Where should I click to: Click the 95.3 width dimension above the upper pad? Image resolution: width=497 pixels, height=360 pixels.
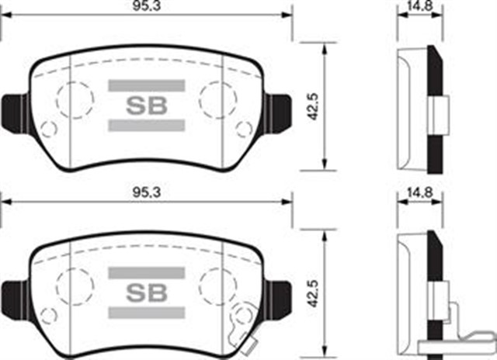tap(144, 8)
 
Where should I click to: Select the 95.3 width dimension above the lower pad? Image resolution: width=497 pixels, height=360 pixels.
tap(144, 191)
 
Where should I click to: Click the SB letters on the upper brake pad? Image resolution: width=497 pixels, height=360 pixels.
tap(147, 105)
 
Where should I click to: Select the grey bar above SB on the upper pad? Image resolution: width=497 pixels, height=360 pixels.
tap(147, 85)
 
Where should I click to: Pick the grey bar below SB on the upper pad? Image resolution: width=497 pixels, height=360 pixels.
tap(147, 124)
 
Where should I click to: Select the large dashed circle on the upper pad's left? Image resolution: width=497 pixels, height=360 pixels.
tap(75, 99)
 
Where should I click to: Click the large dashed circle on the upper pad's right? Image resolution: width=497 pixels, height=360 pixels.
tap(217, 99)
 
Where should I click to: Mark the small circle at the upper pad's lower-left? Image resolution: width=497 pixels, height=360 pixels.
tap(48, 130)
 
